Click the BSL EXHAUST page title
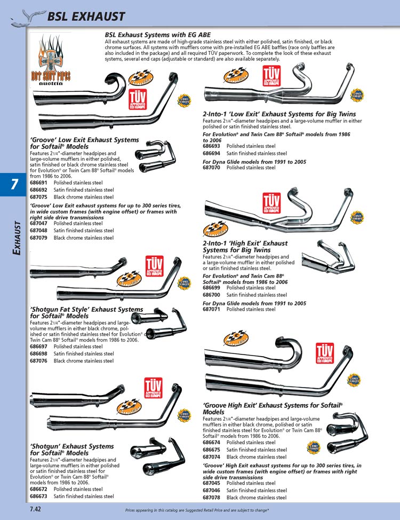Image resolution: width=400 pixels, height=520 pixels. [85, 17]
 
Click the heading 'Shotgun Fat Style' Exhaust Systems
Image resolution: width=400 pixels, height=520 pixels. [86, 309]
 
